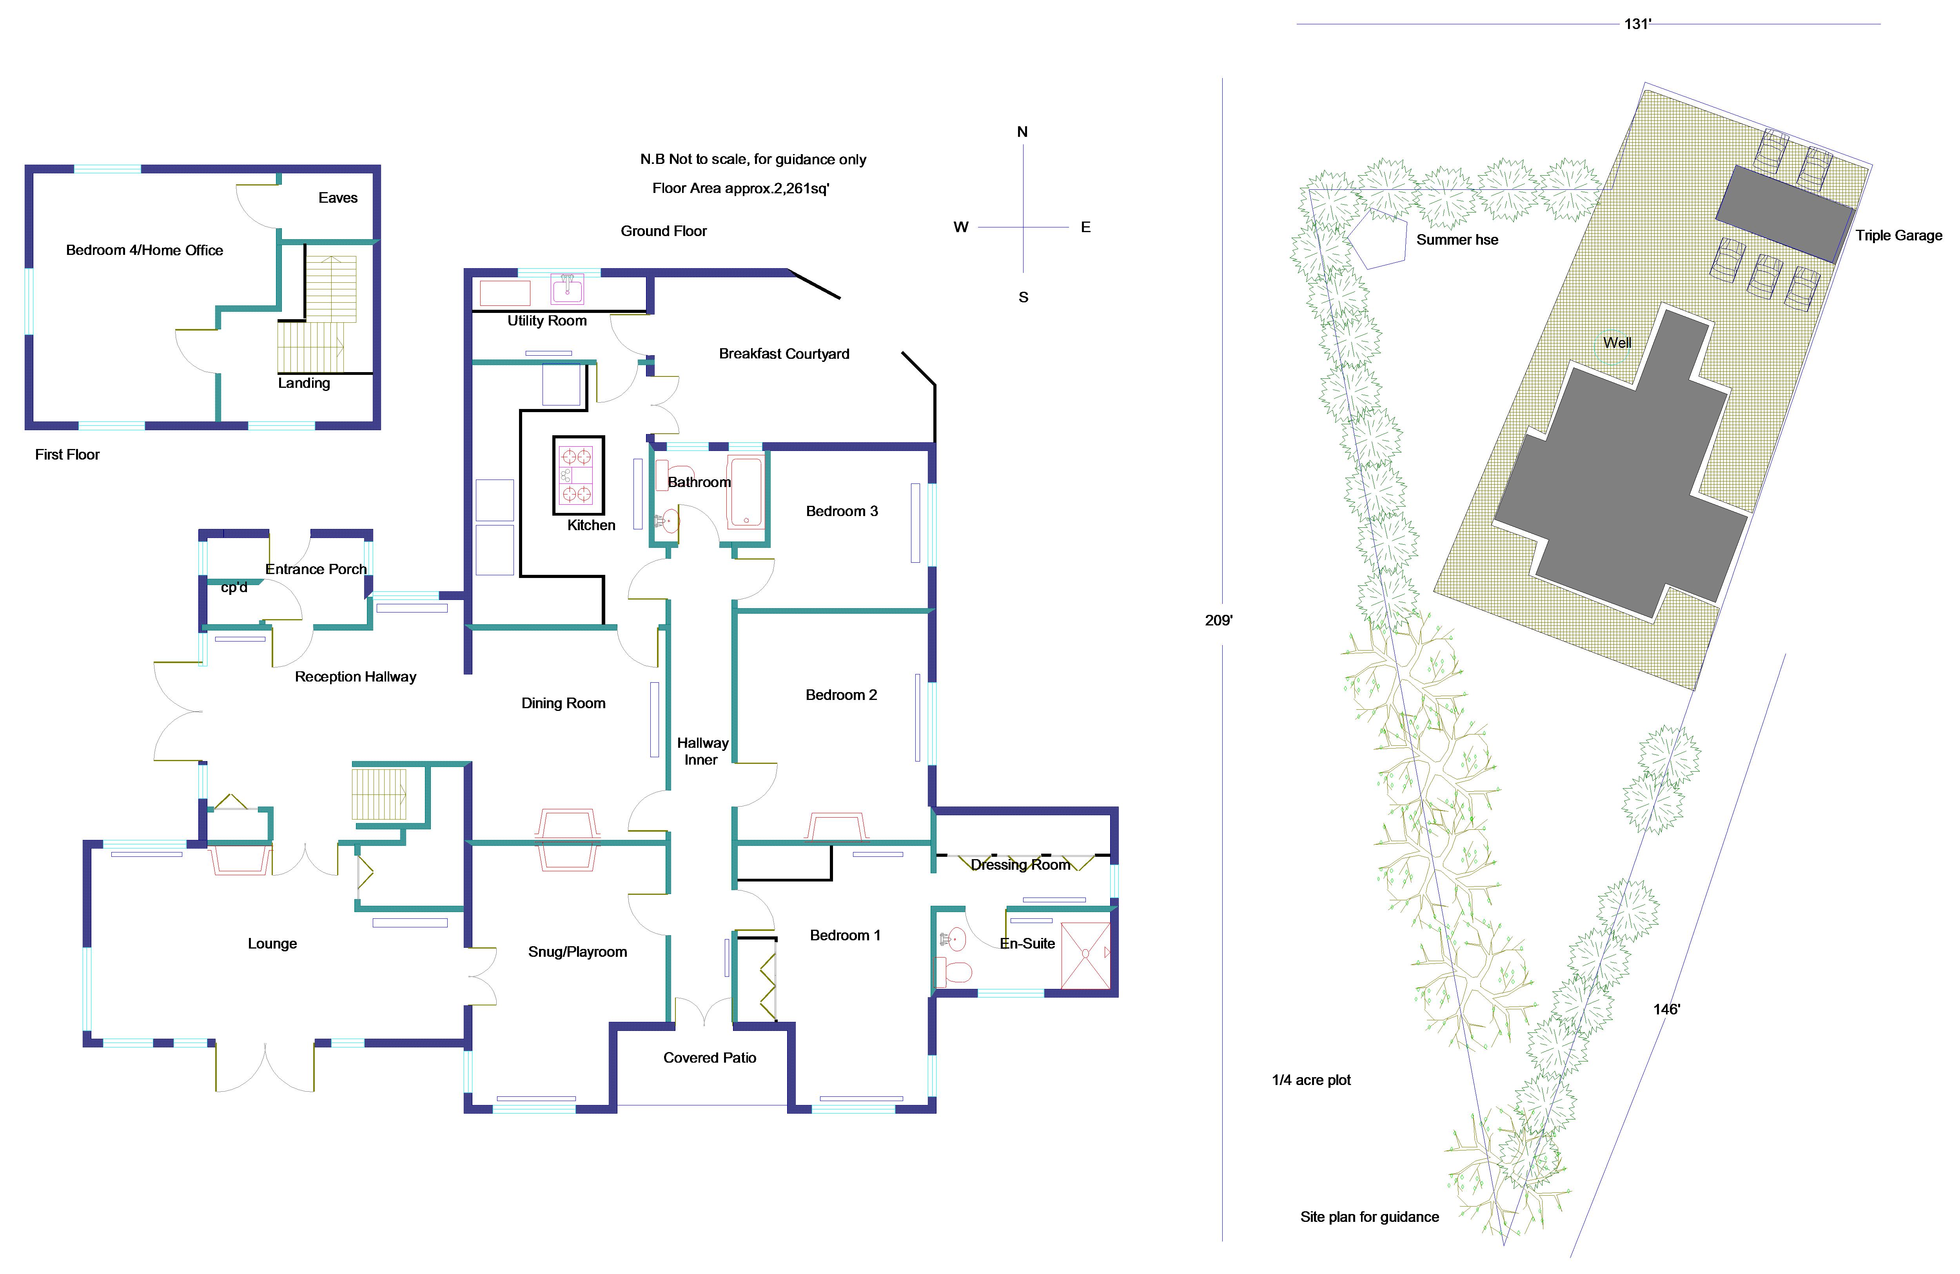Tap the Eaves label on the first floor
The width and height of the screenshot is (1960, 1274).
[338, 198]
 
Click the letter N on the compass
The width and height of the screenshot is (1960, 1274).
[1022, 132]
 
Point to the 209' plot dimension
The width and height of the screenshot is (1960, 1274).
[1218, 620]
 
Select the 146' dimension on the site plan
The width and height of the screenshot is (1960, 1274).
[1666, 1009]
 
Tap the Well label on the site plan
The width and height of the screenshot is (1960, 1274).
[1617, 343]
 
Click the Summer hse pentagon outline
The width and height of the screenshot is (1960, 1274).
[1375, 239]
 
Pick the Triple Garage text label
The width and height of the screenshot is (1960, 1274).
[1898, 236]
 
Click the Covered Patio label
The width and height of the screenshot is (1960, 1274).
[709, 1058]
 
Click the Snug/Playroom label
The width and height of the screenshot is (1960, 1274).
[577, 952]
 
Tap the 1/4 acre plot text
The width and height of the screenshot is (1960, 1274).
[1311, 1080]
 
